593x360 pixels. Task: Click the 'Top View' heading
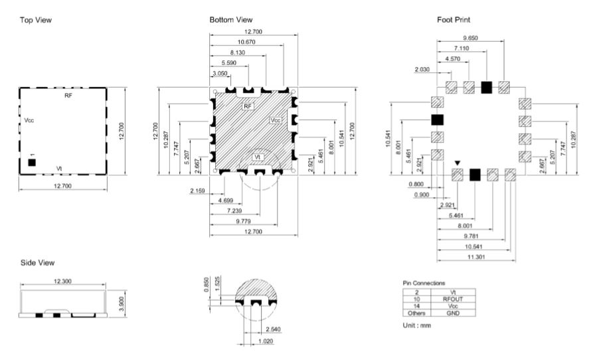(x=36, y=20)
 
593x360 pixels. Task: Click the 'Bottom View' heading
(x=230, y=20)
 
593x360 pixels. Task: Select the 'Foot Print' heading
(x=454, y=20)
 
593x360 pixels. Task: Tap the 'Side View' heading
(x=37, y=262)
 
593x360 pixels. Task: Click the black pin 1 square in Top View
(x=32, y=163)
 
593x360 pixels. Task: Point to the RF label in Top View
(x=68, y=96)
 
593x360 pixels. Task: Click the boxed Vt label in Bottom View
(x=258, y=157)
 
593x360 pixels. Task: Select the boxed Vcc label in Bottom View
(x=276, y=120)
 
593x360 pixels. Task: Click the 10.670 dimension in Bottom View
(x=246, y=42)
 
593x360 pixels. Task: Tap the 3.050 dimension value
(x=220, y=73)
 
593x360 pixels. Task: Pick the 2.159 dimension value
(x=197, y=191)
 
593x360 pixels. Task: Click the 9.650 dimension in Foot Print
(x=470, y=38)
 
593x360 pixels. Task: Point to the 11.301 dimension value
(x=476, y=257)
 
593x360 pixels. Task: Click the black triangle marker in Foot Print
(x=458, y=163)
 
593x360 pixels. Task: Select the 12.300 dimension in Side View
(x=62, y=281)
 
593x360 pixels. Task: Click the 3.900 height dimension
(x=122, y=304)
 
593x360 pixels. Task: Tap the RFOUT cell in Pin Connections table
(x=453, y=299)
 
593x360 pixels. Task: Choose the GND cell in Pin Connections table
(x=453, y=313)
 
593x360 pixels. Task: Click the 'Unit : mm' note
(x=417, y=325)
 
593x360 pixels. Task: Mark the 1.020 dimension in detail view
(x=266, y=341)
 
